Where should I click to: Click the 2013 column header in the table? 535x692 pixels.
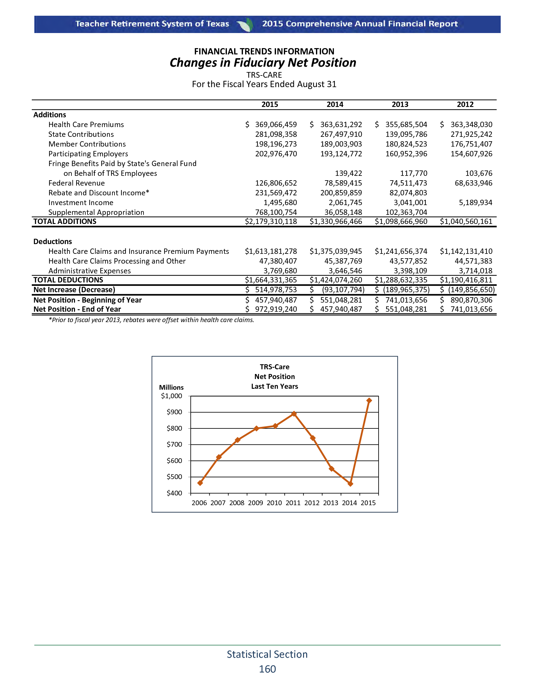point(400,104)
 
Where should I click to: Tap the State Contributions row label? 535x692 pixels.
point(81,134)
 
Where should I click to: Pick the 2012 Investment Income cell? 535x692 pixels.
point(476,203)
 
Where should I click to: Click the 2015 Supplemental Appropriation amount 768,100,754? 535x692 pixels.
point(276,212)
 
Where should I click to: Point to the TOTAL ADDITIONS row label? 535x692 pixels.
point(65,221)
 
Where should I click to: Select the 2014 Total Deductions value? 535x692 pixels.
point(336,280)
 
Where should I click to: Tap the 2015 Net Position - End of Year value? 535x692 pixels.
point(276,309)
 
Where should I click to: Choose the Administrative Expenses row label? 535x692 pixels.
point(89,271)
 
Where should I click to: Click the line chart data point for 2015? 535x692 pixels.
point(369,400)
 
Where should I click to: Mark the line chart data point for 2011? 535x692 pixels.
point(294,414)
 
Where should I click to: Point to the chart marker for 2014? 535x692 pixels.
point(350,484)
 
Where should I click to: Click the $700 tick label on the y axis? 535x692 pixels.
point(174,444)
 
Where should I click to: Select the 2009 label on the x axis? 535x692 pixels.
point(256,503)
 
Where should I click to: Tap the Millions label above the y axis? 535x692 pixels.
point(171,388)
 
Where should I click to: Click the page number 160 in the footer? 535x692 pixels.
point(267,669)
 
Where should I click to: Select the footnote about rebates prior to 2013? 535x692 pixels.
point(151,320)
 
